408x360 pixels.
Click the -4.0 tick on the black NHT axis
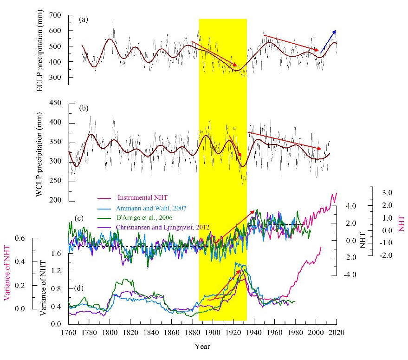pos(349,275)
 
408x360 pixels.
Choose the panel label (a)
pos(84,20)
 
